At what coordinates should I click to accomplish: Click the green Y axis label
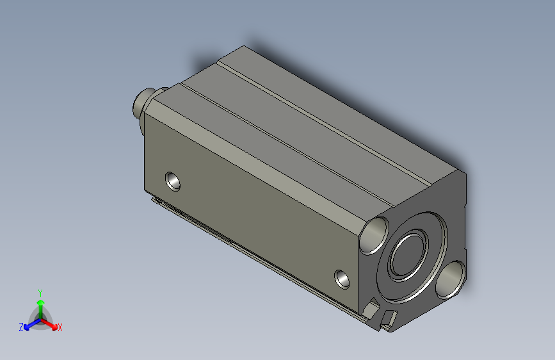40,291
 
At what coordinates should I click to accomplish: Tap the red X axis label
60,327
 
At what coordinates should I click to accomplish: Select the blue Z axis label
21,327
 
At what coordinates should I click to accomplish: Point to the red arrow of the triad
51,323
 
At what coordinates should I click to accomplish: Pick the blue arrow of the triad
29,323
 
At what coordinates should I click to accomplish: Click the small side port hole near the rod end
173,181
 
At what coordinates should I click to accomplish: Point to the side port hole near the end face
343,279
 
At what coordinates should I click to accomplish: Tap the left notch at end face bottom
370,311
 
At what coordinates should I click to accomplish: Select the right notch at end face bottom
389,318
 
